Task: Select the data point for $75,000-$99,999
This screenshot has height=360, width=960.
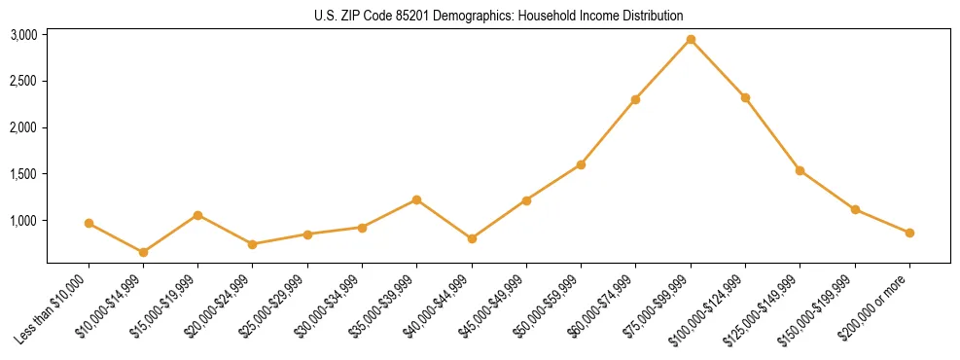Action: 691,39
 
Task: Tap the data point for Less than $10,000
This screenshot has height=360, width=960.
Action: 89,223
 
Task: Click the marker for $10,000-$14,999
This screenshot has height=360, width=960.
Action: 143,252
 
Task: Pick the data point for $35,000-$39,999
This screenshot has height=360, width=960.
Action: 416,199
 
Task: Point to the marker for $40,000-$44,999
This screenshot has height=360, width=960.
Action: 472,238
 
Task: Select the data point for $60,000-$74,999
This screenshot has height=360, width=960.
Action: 635,99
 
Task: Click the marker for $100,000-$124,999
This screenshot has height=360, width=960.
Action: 745,97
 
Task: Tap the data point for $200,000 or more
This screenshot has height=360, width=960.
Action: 909,233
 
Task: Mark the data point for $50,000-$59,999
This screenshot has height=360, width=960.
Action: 581,164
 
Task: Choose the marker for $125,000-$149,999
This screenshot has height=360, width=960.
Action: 800,170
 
